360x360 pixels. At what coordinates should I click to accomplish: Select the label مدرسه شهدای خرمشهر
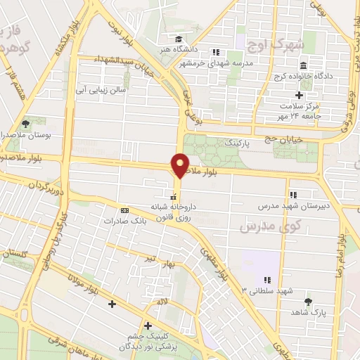tap(242, 61)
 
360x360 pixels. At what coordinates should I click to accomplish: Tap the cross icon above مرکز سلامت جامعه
tap(299, 95)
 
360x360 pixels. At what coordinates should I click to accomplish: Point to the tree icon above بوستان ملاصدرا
tap(26, 123)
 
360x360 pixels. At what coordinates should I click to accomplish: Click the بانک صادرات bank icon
tap(125, 210)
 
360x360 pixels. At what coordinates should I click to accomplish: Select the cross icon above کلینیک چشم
tap(148, 326)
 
